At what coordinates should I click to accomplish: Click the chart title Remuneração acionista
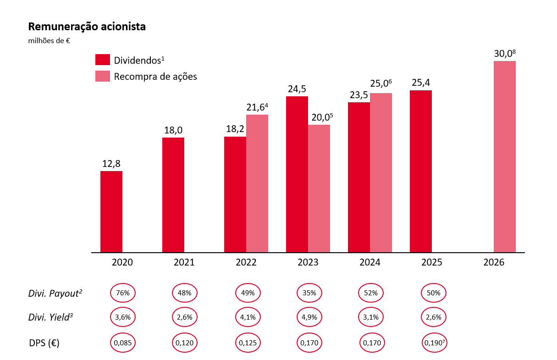[x=87, y=27]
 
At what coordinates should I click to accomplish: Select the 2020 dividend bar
[x=111, y=211]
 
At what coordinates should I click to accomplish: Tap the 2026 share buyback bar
[x=504, y=156]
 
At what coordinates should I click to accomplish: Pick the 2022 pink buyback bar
[x=257, y=183]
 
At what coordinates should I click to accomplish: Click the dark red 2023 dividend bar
[x=297, y=174]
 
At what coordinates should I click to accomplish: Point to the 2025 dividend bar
[x=421, y=171]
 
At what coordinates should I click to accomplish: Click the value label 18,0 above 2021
[x=173, y=130]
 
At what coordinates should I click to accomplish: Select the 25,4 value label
[x=421, y=83]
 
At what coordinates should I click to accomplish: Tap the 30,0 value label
[x=503, y=54]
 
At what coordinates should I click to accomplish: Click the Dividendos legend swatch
[x=103, y=60]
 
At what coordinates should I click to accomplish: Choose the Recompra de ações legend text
[x=155, y=77]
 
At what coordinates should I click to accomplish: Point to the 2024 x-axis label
[x=370, y=263]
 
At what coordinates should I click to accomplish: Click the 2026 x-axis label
[x=494, y=263]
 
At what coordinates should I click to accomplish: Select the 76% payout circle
[x=123, y=293]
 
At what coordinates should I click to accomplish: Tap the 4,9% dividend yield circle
[x=309, y=316]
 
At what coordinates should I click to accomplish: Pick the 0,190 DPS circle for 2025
[x=434, y=342]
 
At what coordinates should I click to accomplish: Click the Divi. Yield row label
[x=55, y=316]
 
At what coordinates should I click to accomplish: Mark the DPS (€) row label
[x=44, y=342]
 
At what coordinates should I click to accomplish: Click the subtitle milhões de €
[x=49, y=41]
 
